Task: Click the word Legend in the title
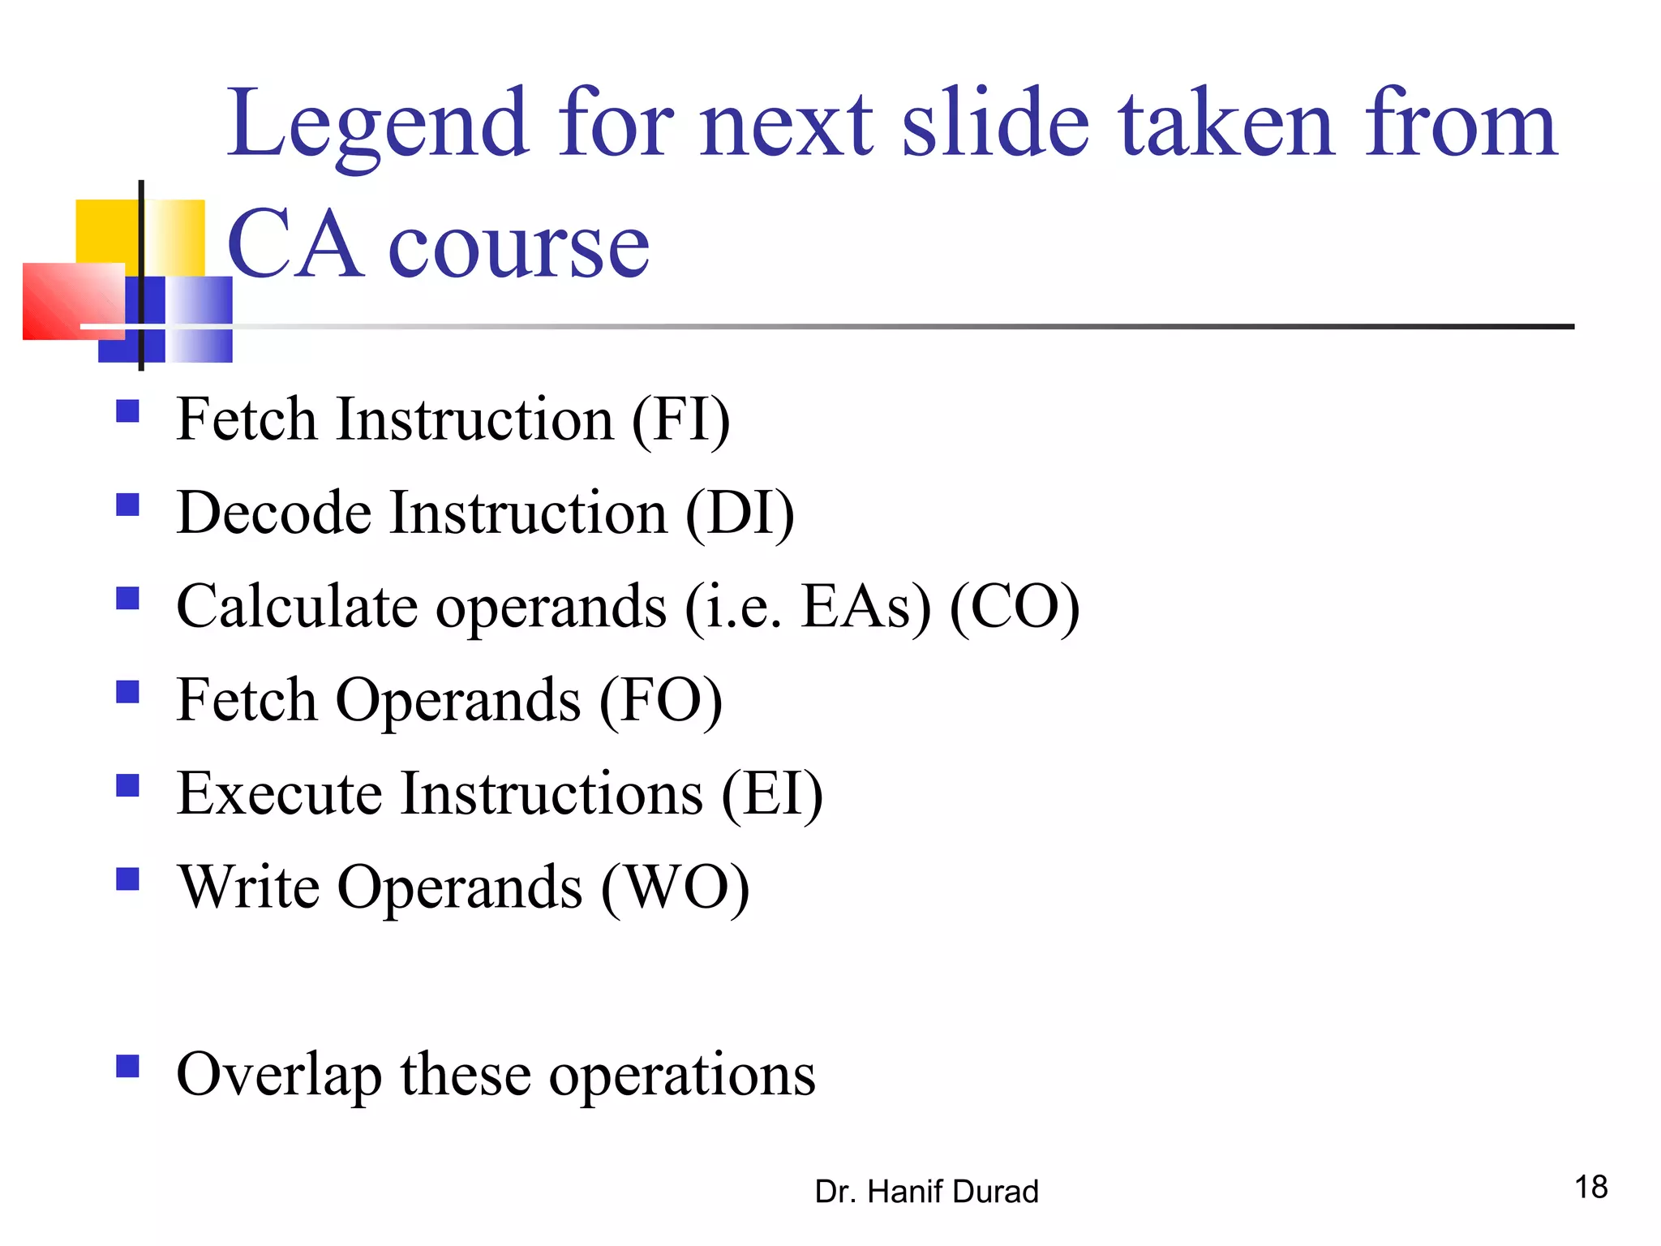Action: point(378,124)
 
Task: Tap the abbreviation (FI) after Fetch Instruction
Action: point(680,419)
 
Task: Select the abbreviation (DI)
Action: point(740,513)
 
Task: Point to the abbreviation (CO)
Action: point(1014,607)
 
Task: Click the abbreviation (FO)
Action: point(660,700)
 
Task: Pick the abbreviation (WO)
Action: point(675,887)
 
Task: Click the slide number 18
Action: point(1590,1187)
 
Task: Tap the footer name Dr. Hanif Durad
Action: point(926,1192)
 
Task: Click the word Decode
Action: point(274,513)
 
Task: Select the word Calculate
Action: point(297,607)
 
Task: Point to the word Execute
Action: point(279,793)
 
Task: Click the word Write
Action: point(248,887)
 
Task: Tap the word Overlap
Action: point(278,1076)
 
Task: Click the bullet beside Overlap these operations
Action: point(127,1065)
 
